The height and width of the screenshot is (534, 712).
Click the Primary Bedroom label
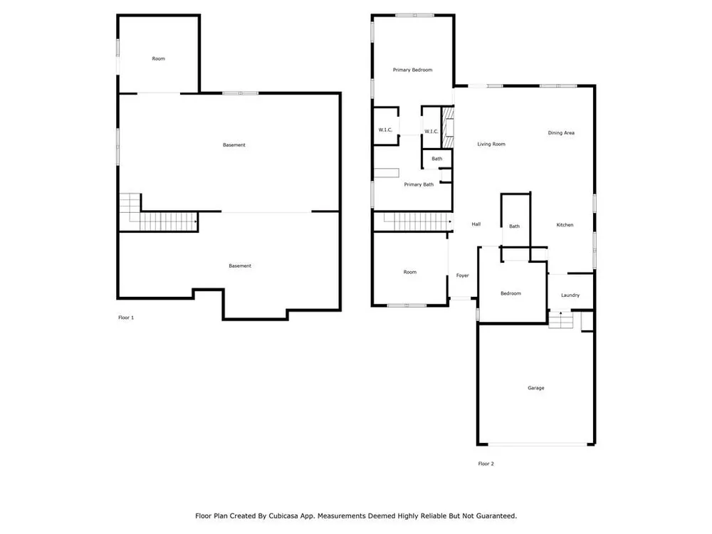(x=412, y=70)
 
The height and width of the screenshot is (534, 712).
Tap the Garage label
(x=536, y=388)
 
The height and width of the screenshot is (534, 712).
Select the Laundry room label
(x=570, y=295)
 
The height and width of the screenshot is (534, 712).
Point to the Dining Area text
(x=561, y=133)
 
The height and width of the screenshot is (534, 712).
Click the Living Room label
(x=491, y=144)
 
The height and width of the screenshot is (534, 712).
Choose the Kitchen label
(x=565, y=225)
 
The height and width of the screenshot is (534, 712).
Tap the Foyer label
(x=462, y=276)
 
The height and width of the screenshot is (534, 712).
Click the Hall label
(x=476, y=224)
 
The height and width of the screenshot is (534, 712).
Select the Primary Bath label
(x=419, y=184)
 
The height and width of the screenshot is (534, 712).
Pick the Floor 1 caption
(x=126, y=318)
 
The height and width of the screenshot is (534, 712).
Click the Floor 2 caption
(x=486, y=464)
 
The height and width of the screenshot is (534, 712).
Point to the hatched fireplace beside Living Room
(x=448, y=127)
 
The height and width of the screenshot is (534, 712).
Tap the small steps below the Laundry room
(x=561, y=319)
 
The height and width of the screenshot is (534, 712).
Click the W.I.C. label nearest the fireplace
(x=431, y=132)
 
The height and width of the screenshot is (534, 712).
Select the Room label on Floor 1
(x=158, y=58)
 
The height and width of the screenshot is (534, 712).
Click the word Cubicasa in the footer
(x=283, y=515)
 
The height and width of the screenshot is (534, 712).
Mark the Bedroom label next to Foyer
(x=511, y=293)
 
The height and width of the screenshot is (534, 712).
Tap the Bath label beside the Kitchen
(x=514, y=226)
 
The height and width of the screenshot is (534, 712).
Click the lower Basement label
(x=240, y=266)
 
